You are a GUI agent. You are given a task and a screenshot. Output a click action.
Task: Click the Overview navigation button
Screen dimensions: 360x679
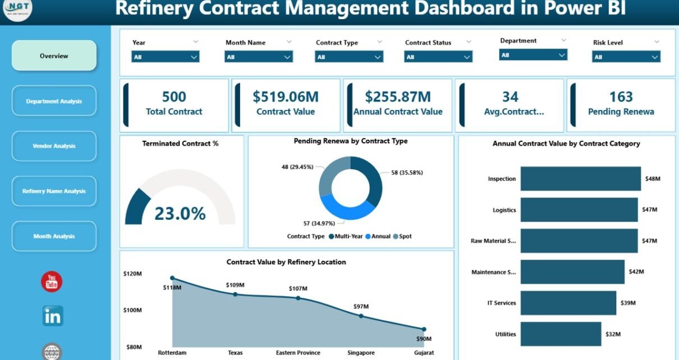[x=54, y=56]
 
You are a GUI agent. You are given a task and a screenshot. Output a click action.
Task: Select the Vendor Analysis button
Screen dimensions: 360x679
[x=54, y=146]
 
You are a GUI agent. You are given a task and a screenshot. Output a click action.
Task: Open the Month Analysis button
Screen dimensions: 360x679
[x=54, y=236]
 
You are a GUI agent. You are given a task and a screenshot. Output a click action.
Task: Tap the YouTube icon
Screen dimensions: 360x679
[x=52, y=281]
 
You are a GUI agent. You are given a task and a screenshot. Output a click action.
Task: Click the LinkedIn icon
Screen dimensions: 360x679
[x=53, y=316]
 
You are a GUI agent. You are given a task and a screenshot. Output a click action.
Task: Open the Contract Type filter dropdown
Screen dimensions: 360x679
[x=349, y=57]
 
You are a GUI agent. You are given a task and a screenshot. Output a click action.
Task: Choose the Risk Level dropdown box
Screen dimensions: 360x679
[x=626, y=57]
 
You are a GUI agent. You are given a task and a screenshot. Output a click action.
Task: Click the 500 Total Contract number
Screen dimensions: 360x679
[x=174, y=97]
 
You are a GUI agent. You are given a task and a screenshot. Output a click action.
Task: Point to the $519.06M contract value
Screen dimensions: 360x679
[x=286, y=97]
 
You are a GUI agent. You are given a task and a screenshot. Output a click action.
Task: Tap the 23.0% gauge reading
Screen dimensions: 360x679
[x=180, y=214]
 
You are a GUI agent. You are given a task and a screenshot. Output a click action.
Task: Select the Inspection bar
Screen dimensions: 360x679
[x=580, y=178]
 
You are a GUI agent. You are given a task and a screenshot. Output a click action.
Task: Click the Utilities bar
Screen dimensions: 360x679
[x=561, y=334]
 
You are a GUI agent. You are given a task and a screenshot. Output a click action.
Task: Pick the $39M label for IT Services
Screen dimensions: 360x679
[x=628, y=303]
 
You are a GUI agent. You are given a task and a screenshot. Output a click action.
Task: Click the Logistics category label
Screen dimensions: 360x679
[x=504, y=210]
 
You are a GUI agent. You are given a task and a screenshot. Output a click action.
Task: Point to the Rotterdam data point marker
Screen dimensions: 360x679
[x=172, y=278]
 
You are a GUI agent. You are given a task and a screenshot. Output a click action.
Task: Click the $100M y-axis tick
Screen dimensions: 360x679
[x=132, y=310]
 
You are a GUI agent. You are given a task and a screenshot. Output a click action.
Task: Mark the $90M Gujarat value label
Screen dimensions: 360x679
[x=424, y=338]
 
